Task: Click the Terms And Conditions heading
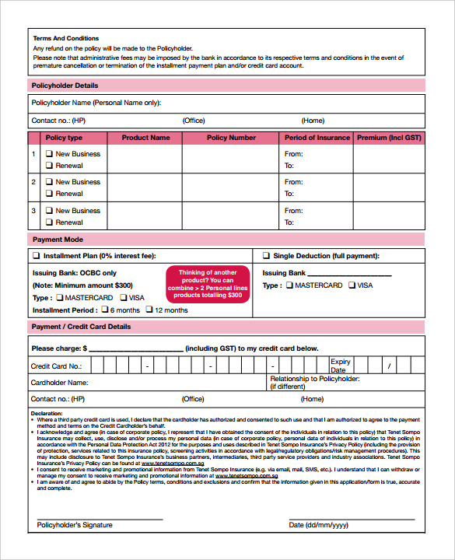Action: coord(66,38)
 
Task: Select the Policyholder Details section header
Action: coord(65,85)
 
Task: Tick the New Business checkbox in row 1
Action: coord(49,154)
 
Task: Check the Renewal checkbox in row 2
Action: coord(49,194)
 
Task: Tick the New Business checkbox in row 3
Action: coord(49,211)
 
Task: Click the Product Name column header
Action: coord(145,138)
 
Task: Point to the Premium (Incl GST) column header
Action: coord(388,138)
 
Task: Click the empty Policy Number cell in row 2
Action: coord(231,187)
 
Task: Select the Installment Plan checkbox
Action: coord(36,256)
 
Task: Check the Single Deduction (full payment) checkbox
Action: coord(266,256)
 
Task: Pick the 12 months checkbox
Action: coord(149,310)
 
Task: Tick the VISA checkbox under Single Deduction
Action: coord(351,285)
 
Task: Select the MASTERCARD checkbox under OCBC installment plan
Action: coord(58,298)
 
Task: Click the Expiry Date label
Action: coord(341,366)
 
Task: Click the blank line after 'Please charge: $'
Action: coord(136,349)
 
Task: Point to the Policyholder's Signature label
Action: coord(75,525)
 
